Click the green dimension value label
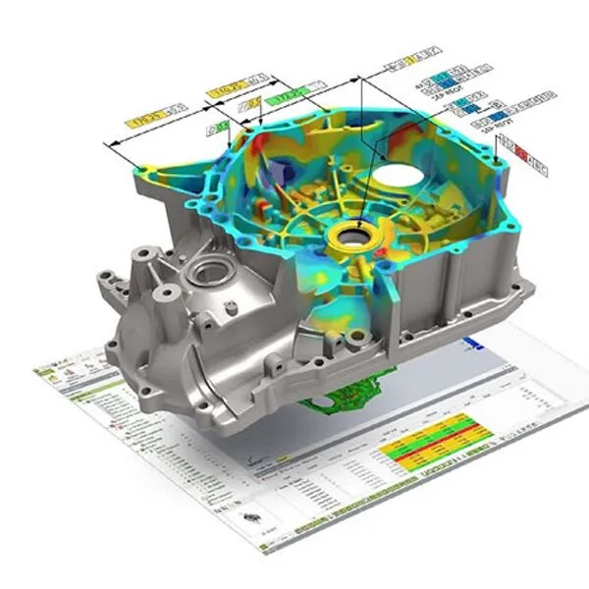click(283, 98)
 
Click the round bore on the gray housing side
click(209, 270)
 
